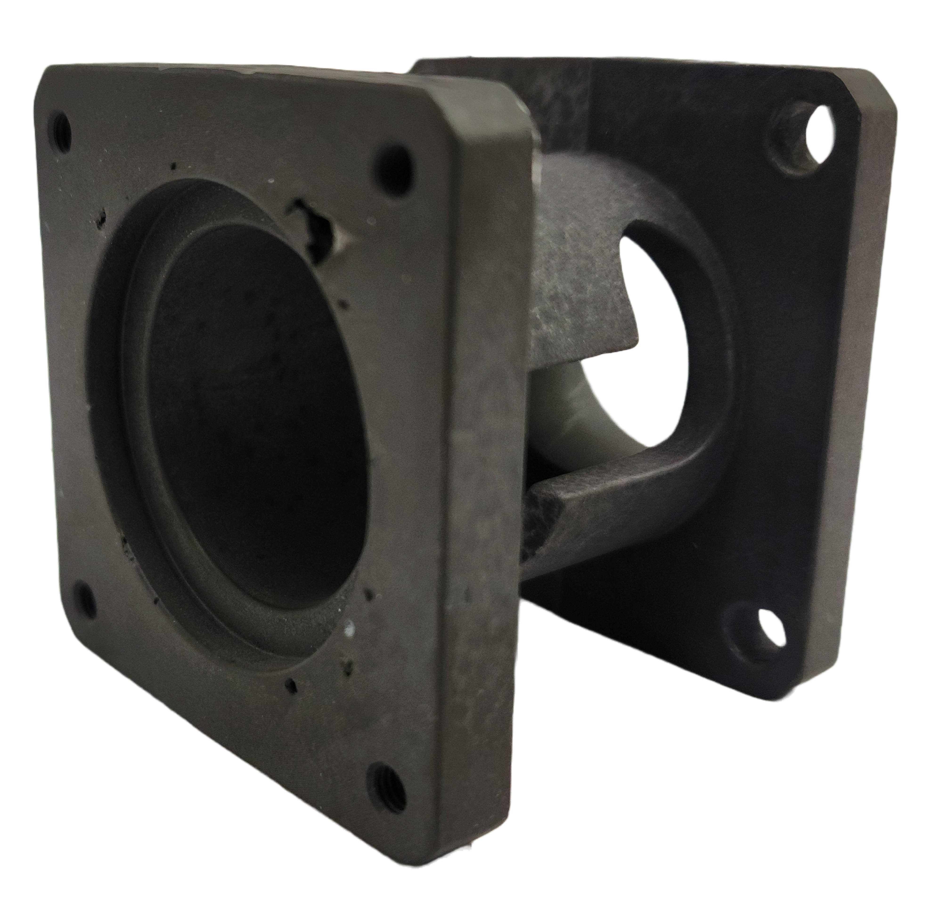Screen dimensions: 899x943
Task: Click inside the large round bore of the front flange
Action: click(249, 407)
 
